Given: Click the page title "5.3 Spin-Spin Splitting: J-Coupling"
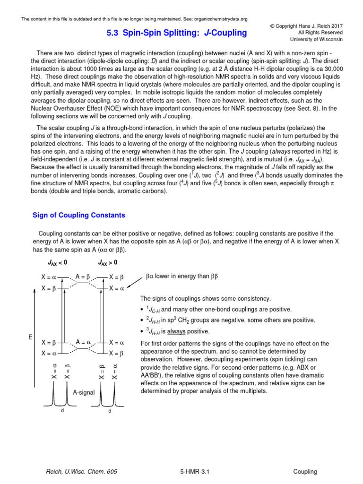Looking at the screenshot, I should tap(174, 33).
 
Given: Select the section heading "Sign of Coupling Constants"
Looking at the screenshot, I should tap(78, 215).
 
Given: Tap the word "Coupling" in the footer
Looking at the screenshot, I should tap(305, 472).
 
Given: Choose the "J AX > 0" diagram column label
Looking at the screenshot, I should tap(108, 262).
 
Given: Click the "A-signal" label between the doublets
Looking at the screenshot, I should tap(84, 392).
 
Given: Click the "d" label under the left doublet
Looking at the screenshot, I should tap(61, 411).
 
